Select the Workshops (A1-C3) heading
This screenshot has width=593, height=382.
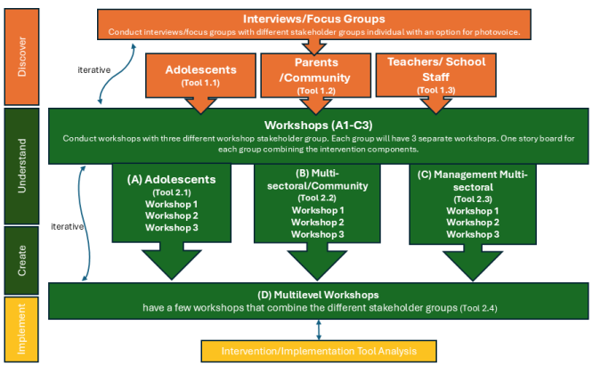[319, 126]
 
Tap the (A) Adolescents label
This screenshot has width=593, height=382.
[171, 179]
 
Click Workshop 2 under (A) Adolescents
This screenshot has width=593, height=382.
[171, 215]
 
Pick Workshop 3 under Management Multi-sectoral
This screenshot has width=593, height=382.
[473, 233]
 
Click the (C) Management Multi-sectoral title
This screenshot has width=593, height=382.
[473, 182]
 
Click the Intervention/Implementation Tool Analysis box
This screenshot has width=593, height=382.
[319, 351]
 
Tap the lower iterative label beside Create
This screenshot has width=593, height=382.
[69, 226]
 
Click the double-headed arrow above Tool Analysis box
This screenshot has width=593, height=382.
[319, 329]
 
